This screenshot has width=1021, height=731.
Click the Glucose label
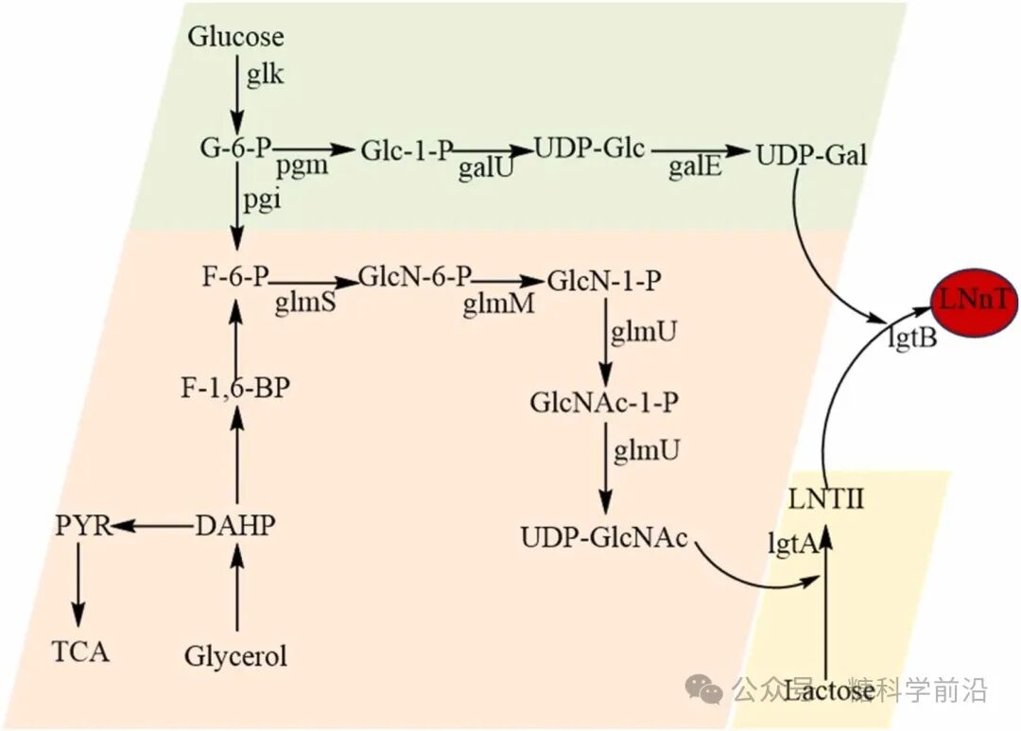(235, 37)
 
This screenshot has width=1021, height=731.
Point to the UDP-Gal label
(811, 154)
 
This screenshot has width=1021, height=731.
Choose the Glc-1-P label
(407, 149)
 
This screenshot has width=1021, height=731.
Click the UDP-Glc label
(590, 148)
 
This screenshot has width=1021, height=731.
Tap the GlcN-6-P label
(415, 278)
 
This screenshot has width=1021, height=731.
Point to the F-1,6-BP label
(234, 390)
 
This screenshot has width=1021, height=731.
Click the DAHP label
(235, 526)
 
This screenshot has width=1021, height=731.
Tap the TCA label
(80, 652)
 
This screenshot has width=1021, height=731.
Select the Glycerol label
(235, 655)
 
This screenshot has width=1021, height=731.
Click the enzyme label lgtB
(912, 338)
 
